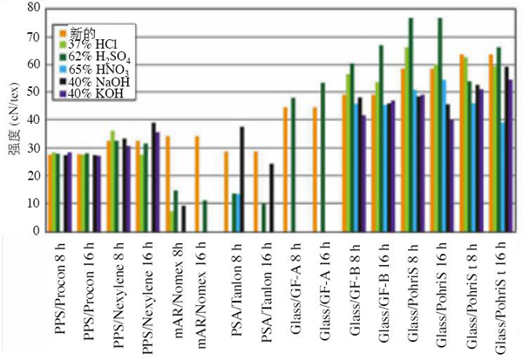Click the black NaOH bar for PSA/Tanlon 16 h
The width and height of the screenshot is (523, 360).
coord(271,197)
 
